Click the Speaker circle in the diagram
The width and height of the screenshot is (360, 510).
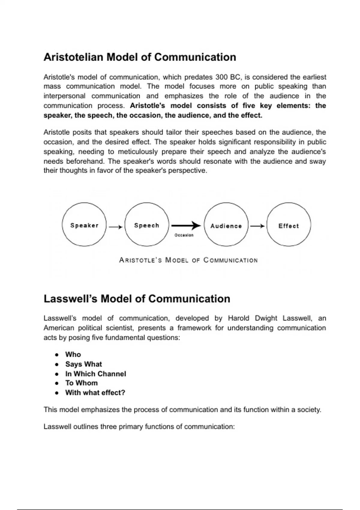pos(84,225)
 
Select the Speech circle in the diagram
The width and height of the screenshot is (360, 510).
pos(147,225)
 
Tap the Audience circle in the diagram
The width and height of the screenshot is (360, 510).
pos(226,225)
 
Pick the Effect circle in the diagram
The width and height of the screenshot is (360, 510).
pos(289,225)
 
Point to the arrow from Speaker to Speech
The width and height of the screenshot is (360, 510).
pos(115,227)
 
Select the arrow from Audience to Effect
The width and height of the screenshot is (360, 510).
pos(257,226)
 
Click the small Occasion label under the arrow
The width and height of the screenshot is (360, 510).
pos(184,235)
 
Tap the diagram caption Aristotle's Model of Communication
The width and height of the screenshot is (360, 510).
pos(188,260)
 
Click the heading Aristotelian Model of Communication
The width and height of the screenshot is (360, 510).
pos(140,57)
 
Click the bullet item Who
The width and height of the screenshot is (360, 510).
pos(73,354)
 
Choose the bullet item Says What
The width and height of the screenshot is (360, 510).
pos(84,364)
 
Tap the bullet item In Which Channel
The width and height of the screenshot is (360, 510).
pos(96,374)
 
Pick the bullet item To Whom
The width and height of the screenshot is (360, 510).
pos(82,383)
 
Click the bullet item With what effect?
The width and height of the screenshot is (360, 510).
pos(95,393)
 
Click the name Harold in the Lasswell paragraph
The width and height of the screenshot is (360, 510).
pos(238,318)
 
